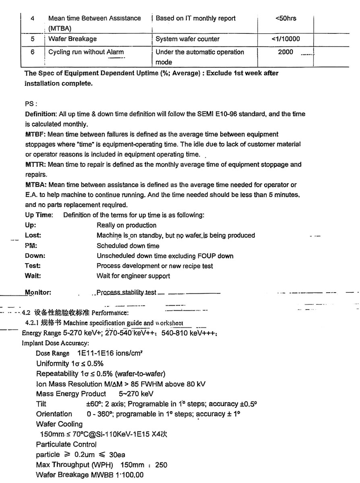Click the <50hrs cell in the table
[286, 18]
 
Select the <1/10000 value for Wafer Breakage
[286, 39]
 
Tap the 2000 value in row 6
[286, 52]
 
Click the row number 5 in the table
[32, 39]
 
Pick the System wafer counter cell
[188, 39]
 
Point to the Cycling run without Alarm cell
[86, 52]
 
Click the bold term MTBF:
[35, 134]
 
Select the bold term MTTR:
[35, 165]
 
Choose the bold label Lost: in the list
[33, 235]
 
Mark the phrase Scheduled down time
[128, 246]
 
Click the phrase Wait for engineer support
[133, 276]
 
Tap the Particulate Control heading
[66, 444]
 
